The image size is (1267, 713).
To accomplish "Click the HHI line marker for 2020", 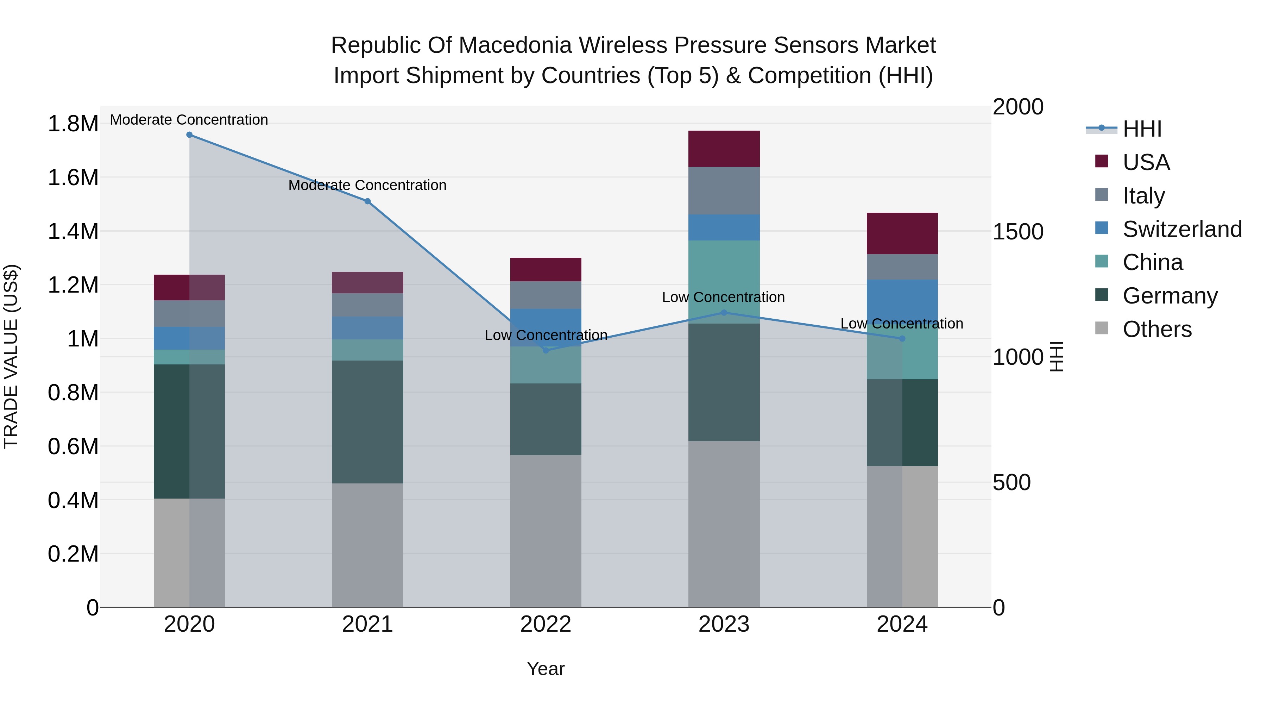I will point(189,135).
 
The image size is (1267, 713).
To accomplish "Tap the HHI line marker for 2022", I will point(546,350).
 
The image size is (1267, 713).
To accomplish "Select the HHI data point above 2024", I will point(902,338).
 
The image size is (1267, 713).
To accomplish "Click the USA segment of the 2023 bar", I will point(724,149).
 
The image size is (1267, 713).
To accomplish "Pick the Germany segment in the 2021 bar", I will point(367,422).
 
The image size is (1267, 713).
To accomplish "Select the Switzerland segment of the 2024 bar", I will point(902,300).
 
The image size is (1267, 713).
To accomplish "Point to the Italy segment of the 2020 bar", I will point(189,313).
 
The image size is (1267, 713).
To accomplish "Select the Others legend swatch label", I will point(1157,329).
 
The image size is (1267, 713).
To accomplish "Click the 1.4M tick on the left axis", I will point(73,231).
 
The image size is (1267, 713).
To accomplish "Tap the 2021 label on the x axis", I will point(367,624).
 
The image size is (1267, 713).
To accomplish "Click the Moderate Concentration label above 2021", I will point(367,186).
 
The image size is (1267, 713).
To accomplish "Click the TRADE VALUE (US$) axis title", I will point(11,356).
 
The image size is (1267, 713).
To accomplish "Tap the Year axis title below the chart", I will point(546,669).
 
